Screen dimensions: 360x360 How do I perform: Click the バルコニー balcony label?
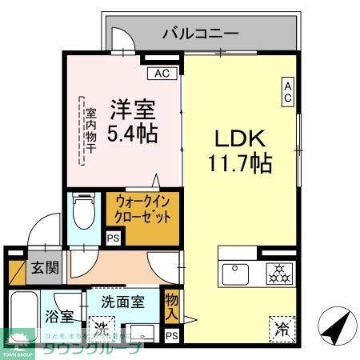(x=199, y=34)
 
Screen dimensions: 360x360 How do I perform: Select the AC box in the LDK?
(x=286, y=92)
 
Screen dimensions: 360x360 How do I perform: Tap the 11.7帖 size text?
(x=240, y=164)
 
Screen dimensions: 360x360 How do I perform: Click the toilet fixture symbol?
(x=81, y=211)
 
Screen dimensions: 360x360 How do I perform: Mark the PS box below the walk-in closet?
(x=113, y=238)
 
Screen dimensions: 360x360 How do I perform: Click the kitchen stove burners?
(x=280, y=274)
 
